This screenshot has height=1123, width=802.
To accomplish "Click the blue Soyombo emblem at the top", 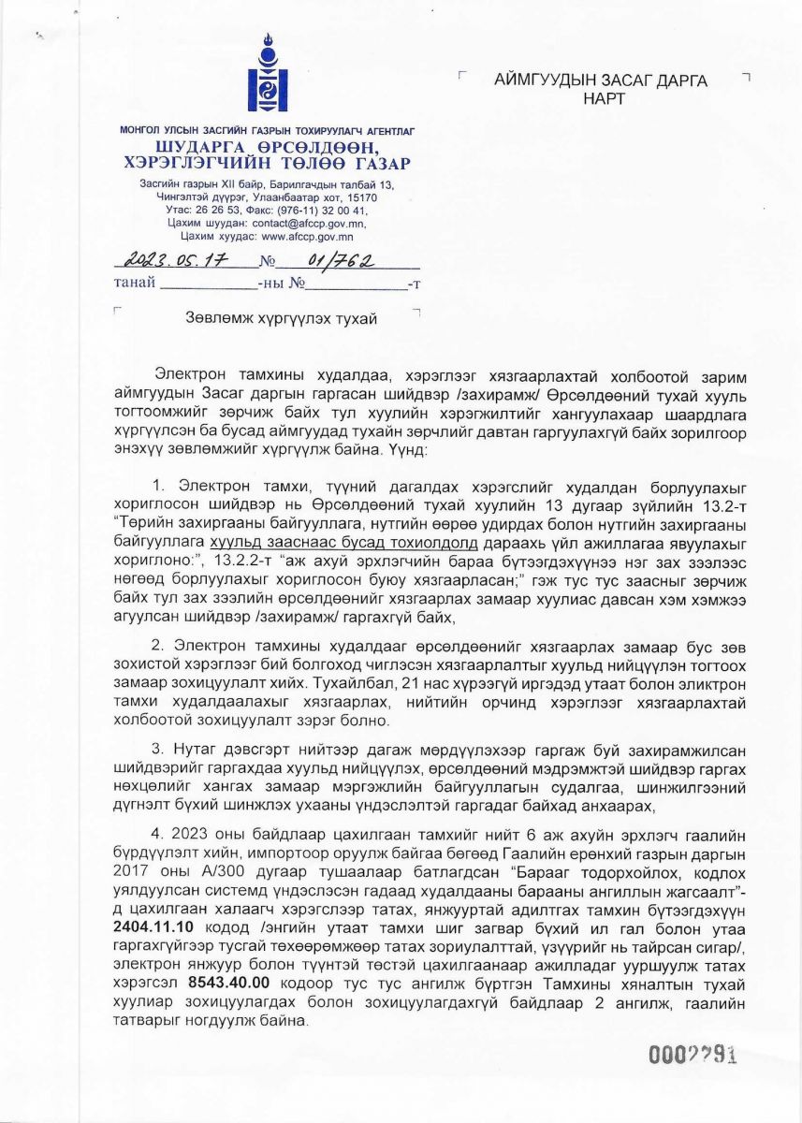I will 266,75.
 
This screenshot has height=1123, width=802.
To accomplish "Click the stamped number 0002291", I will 694,1055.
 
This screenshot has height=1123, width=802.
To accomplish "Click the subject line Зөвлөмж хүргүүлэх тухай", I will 282,320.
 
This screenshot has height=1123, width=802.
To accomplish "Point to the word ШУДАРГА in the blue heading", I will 197,149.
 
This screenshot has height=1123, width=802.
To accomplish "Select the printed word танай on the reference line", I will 134,283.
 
